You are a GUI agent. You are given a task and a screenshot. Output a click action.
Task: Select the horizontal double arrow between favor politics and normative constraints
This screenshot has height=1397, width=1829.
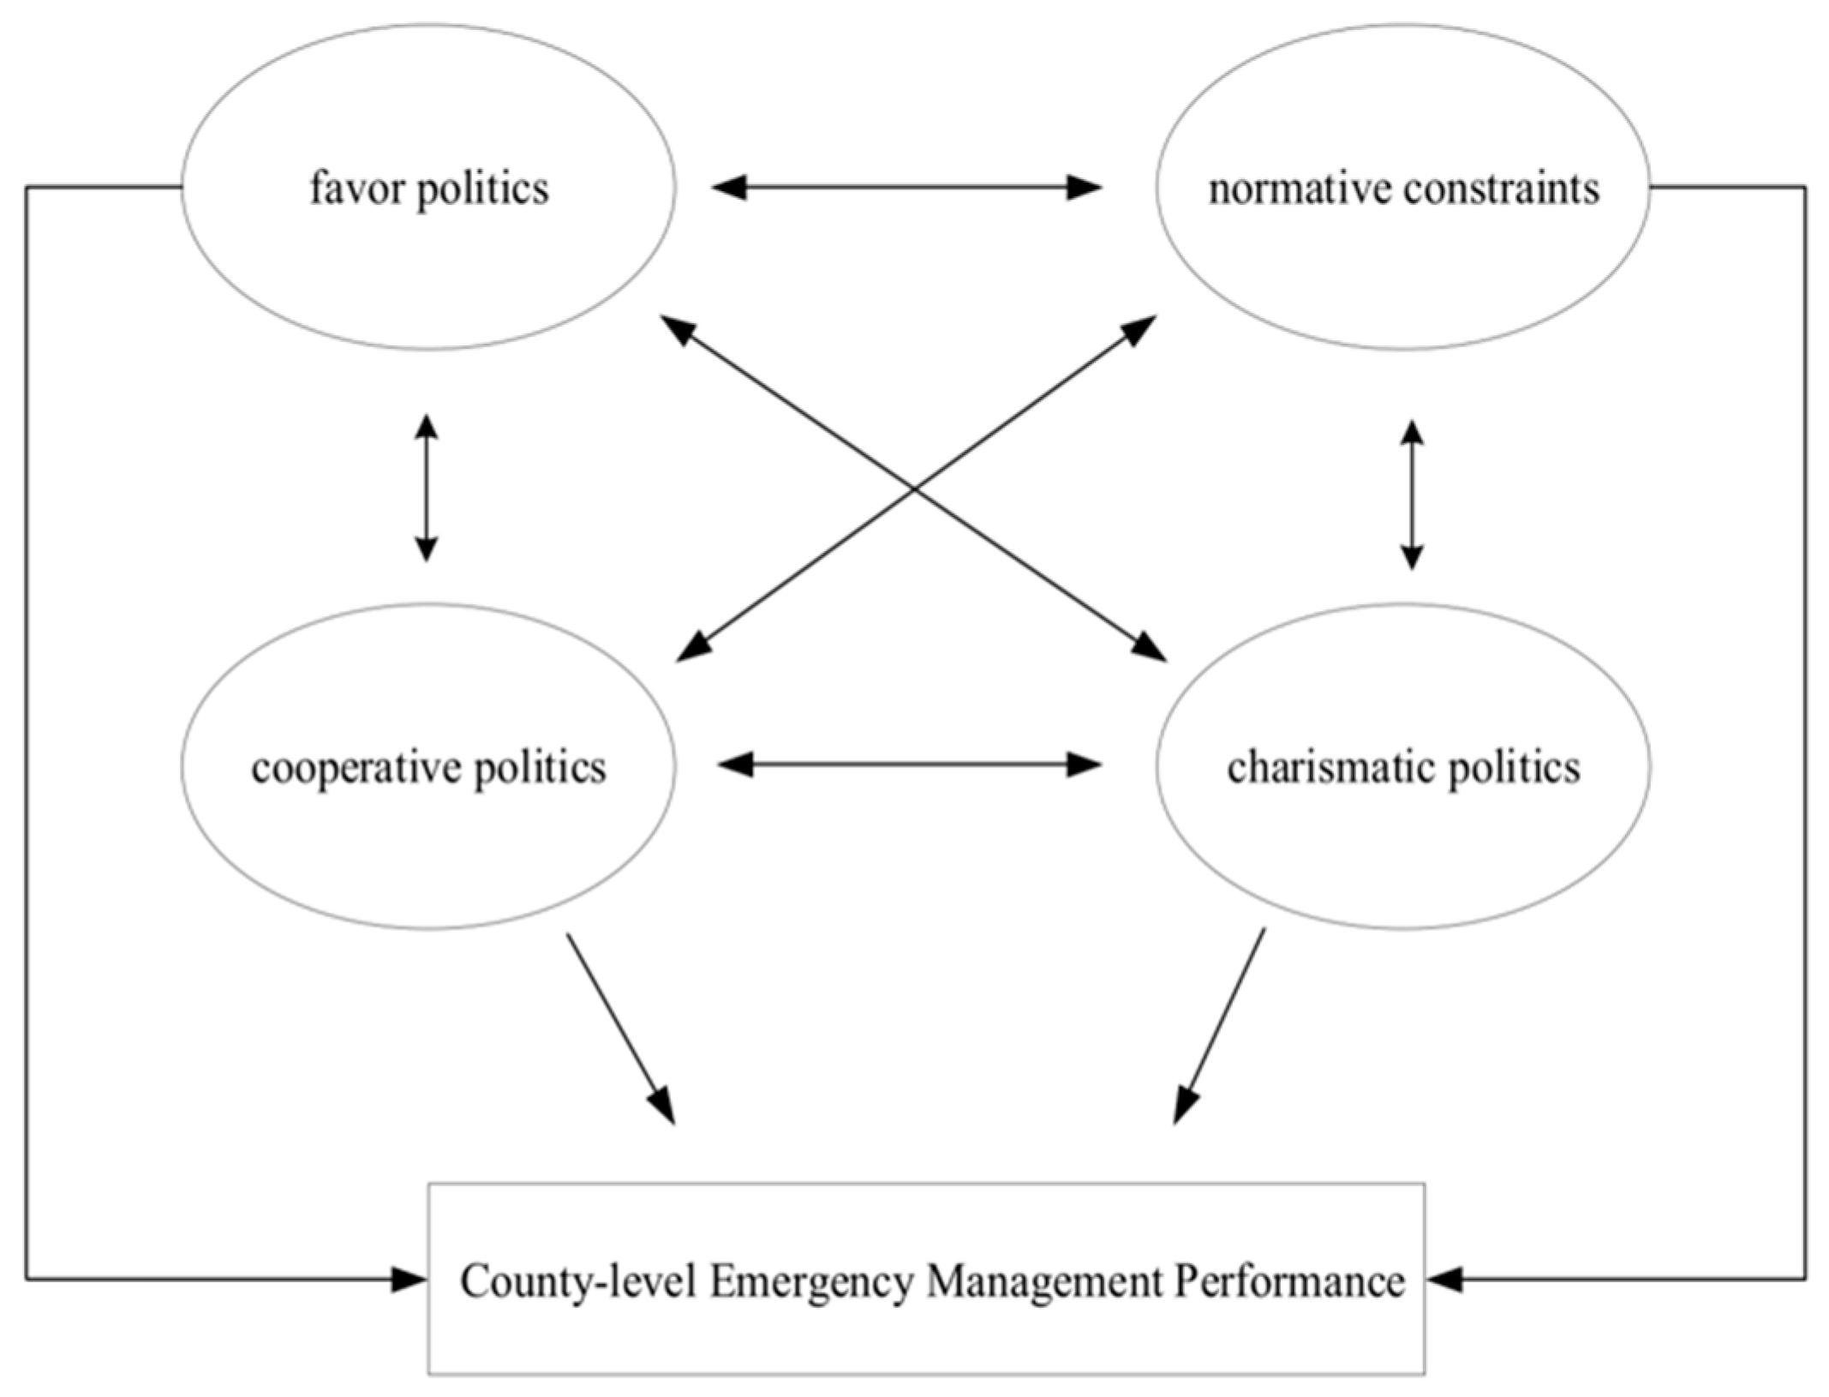coord(906,187)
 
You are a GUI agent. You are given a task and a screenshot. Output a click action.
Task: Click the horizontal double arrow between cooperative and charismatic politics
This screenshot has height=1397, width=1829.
coord(909,764)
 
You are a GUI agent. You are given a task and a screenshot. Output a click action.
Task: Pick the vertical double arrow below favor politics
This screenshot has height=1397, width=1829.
coord(427,489)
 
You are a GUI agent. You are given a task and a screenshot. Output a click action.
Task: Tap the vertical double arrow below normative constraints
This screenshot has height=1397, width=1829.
coord(1412,495)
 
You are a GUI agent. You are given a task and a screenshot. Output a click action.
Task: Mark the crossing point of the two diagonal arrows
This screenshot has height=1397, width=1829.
coord(914,489)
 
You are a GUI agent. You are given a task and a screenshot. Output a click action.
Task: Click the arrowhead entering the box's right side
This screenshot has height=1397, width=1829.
coord(1444,1280)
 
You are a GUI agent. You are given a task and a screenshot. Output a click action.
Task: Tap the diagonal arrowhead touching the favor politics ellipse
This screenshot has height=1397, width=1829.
coord(677,327)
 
